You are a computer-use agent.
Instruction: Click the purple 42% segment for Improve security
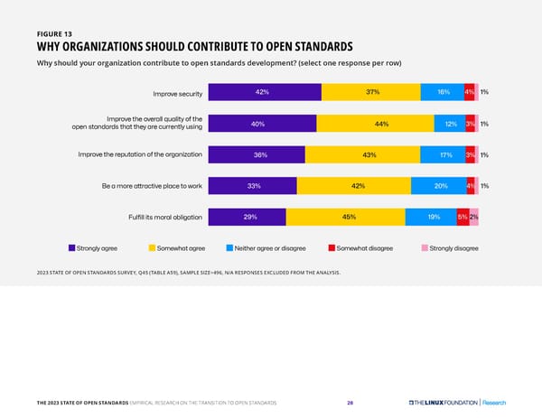click(x=264, y=92)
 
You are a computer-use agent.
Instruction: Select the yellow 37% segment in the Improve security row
click(x=370, y=92)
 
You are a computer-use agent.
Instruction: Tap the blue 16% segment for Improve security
click(x=442, y=92)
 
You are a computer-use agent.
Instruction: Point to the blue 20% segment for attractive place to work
click(x=437, y=186)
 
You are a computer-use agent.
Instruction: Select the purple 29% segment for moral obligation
click(x=247, y=217)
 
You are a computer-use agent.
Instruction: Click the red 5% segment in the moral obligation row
click(x=463, y=217)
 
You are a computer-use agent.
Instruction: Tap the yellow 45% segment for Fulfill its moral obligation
click(x=345, y=217)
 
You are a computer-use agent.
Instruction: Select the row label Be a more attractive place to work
click(x=152, y=186)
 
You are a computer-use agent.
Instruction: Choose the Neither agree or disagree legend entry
click(x=268, y=248)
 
